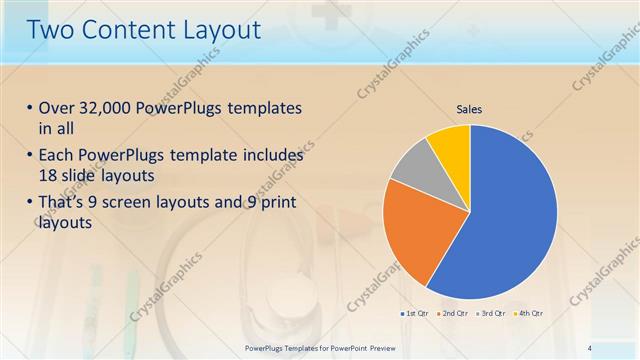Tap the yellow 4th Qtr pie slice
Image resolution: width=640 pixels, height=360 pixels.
tap(451, 144)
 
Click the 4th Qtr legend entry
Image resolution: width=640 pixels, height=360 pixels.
tap(531, 314)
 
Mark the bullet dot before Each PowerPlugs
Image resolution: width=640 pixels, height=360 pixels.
tap(29, 157)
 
